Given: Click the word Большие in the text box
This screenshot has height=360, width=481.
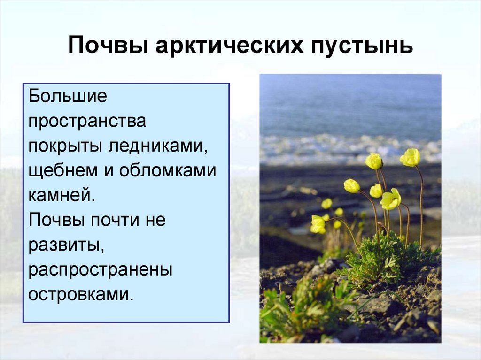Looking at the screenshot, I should (x=68, y=97).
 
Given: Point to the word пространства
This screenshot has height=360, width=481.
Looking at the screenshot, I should (x=87, y=122).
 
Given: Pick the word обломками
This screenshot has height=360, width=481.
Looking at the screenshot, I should (x=167, y=171).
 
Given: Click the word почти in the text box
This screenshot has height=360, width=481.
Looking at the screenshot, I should (x=113, y=220).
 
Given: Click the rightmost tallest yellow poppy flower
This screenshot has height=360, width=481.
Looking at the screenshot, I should (x=410, y=157).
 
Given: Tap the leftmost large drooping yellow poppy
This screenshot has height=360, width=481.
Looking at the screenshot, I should (x=318, y=224).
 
